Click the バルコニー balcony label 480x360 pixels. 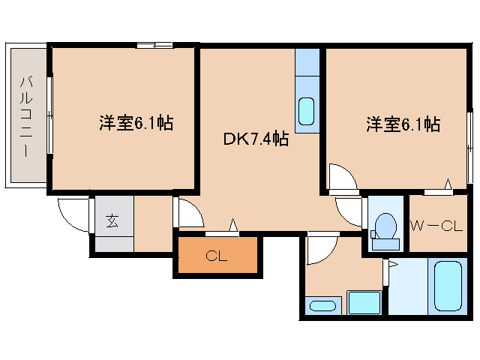(x=25, y=115)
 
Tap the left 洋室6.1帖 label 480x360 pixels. (x=136, y=123)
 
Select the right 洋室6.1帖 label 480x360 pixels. (x=403, y=124)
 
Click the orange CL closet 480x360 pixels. (x=217, y=256)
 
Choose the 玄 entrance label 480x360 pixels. (x=112, y=221)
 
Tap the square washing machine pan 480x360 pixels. (x=364, y=304)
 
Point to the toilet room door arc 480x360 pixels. (x=349, y=211)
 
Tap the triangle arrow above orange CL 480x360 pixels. (x=234, y=225)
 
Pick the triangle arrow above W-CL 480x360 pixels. (x=448, y=184)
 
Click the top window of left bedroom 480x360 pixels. (x=155, y=45)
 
